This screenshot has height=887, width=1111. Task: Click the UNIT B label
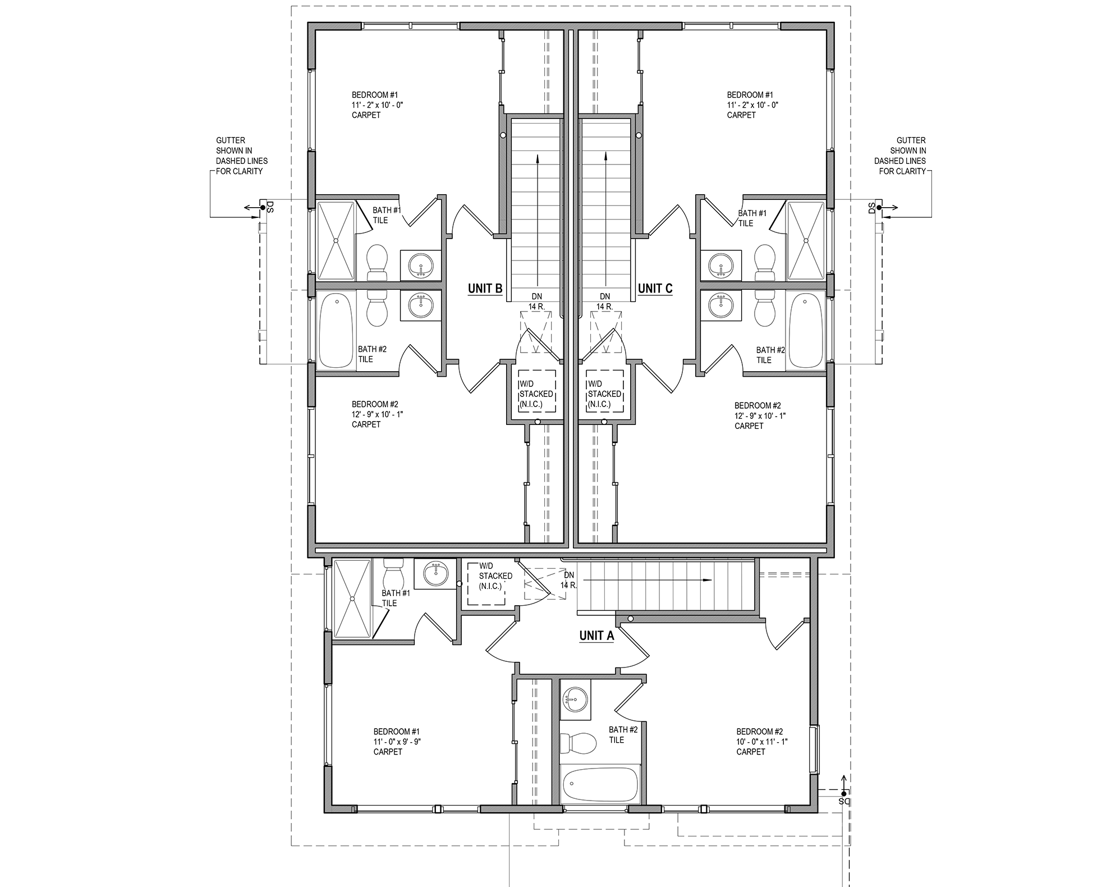coord(485,289)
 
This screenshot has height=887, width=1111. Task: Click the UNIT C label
coord(655,289)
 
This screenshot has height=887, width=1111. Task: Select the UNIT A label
coord(596,635)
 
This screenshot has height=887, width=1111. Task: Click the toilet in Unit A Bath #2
coord(579,743)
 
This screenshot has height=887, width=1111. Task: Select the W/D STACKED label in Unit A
coord(495,576)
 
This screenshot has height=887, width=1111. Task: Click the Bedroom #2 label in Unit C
coord(757,405)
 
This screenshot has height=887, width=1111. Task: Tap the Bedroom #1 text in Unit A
coord(396,731)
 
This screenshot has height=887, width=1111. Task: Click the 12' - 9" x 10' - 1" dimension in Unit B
coord(377,414)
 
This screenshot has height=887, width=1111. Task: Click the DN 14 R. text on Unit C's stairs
coord(604,301)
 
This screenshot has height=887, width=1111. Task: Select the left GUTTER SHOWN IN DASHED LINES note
coord(242,156)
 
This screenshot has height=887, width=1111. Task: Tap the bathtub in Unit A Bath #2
coord(600,785)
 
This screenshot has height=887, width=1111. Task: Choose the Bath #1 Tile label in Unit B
coord(386,215)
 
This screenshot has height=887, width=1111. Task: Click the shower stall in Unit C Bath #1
coord(806,240)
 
